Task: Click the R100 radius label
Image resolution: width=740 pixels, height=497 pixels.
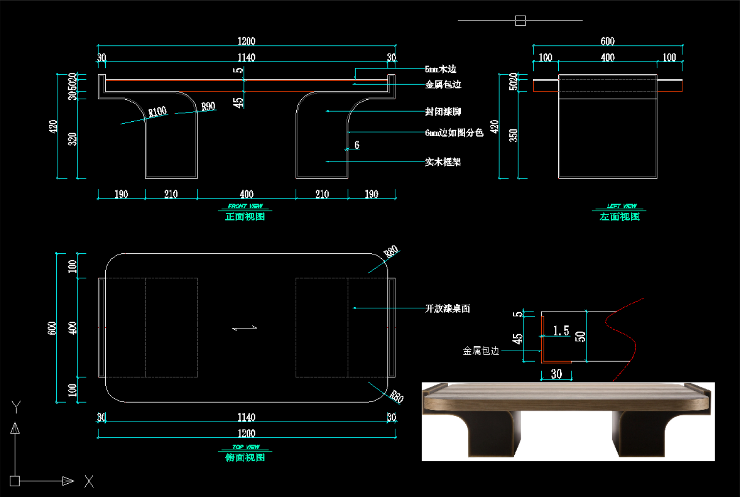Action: click(157, 112)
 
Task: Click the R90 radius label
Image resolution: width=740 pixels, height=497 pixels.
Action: click(208, 106)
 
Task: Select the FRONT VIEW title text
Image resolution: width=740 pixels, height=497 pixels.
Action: click(245, 206)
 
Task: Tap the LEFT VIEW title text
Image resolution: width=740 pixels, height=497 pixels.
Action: click(621, 206)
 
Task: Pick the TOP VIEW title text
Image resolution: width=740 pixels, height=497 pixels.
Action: click(246, 447)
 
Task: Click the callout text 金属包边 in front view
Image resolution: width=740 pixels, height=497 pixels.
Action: click(443, 85)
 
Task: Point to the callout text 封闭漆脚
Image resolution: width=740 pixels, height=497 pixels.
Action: click(443, 112)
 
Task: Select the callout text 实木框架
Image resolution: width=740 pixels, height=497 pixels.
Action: click(443, 162)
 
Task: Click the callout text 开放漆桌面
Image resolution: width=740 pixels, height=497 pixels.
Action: click(447, 308)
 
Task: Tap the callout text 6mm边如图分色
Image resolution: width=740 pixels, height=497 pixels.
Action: click(454, 133)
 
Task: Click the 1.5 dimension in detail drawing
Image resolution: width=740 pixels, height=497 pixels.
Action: click(561, 331)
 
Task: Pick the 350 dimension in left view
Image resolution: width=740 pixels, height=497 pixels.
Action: click(513, 135)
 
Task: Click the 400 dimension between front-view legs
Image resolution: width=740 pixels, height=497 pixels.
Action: click(246, 194)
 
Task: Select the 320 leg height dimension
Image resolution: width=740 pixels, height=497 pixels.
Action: click(72, 139)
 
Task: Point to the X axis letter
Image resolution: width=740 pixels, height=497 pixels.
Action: click(89, 481)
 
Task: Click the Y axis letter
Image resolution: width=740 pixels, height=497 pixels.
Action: click(16, 407)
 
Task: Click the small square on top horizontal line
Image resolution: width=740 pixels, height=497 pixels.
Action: click(520, 21)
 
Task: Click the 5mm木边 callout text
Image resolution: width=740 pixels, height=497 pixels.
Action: click(440, 69)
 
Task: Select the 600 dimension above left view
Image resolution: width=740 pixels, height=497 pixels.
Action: click(607, 41)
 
